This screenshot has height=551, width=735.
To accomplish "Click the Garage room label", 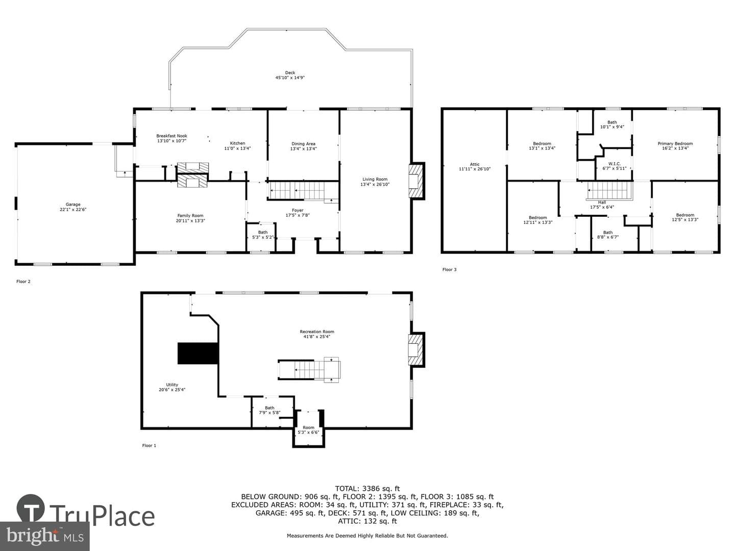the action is click(x=73, y=207).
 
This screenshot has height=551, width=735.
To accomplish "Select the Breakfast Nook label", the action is click(x=171, y=138).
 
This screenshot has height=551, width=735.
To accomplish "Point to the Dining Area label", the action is click(x=303, y=146).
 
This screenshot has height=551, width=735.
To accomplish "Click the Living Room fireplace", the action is click(x=416, y=181).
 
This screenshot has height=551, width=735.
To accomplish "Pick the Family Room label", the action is click(x=190, y=218).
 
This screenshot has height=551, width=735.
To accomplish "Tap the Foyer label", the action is click(x=298, y=213).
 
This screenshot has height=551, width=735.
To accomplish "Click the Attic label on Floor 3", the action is click(x=475, y=167).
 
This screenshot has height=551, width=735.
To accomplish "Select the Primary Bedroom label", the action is click(x=675, y=146).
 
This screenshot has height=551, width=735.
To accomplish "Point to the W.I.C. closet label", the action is click(x=615, y=166).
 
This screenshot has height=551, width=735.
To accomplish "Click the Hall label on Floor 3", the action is click(x=602, y=205).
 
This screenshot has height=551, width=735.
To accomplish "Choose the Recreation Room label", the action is click(x=317, y=334).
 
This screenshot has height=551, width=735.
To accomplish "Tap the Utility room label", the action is click(x=172, y=387).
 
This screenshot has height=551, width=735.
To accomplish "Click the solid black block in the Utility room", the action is click(x=198, y=353).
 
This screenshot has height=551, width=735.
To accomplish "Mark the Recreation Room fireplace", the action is click(x=416, y=350).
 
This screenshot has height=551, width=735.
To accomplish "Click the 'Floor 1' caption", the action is click(x=149, y=445).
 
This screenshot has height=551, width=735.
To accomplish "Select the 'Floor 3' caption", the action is click(x=449, y=269).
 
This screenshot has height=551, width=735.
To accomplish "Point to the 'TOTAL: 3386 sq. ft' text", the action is click(x=367, y=488).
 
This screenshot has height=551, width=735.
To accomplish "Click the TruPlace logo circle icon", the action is click(x=31, y=508).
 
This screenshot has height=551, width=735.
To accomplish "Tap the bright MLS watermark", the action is click(x=44, y=536).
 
